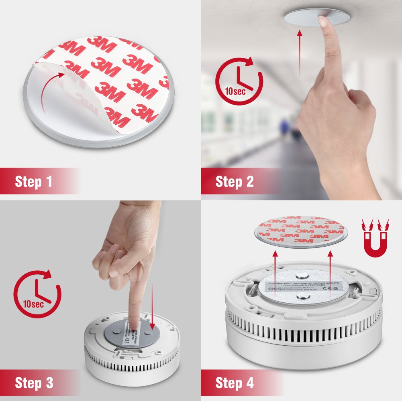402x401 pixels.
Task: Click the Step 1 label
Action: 34,182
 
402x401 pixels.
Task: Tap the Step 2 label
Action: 235,182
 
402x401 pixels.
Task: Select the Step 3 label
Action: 34,383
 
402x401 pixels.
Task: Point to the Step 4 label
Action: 235,383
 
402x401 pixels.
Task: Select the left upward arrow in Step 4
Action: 275,273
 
